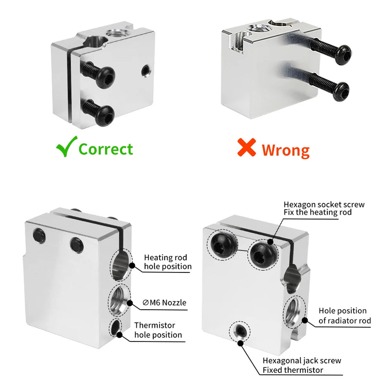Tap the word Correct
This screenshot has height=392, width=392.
(x=105, y=148)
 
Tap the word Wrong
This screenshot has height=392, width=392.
(x=285, y=149)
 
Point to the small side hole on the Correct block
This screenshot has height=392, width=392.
(x=145, y=71)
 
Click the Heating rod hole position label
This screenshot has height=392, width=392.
(x=168, y=262)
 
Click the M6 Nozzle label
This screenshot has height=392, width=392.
(x=165, y=302)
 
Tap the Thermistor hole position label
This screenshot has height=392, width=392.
(x=158, y=330)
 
